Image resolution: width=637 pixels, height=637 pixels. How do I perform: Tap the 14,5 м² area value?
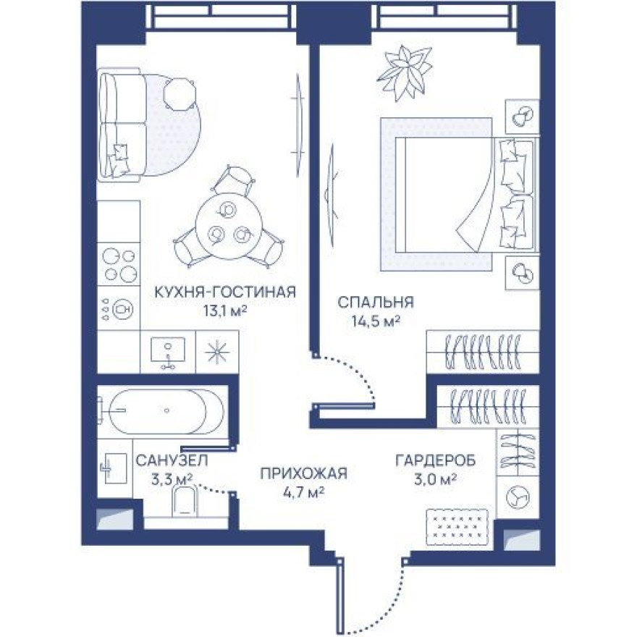(374, 319)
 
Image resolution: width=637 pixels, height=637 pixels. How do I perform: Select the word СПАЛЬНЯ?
(376, 302)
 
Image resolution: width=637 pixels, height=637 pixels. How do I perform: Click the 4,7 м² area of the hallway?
(304, 492)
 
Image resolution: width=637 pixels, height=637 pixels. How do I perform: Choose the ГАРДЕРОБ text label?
(434, 460)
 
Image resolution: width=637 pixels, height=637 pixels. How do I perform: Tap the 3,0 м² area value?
(434, 479)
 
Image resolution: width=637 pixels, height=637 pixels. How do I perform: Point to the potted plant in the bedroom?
(406, 72)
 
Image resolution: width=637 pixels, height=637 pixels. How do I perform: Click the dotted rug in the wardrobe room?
(457, 526)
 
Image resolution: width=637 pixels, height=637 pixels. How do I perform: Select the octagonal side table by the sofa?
(178, 91)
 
